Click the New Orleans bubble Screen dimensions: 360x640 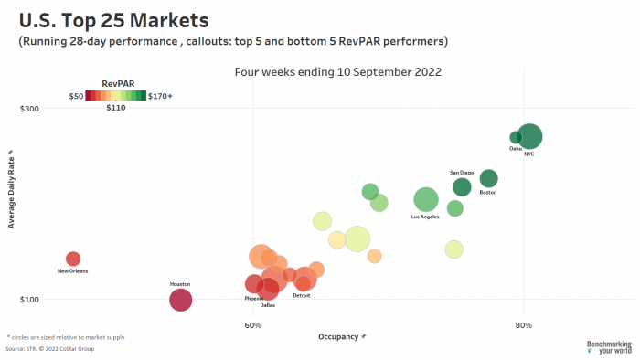73,259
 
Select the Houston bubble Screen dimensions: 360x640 180,300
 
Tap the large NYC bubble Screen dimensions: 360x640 530,137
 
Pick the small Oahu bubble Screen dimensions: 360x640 516,137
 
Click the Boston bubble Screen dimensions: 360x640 488,178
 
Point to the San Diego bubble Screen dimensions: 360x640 462,187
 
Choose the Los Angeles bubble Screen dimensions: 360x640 426,199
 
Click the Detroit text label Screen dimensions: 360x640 301,296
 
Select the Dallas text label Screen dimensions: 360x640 268,305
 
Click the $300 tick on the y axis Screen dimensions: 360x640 29,109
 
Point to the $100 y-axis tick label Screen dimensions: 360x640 29,300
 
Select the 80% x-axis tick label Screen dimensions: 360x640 523,324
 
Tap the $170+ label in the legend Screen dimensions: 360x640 160,95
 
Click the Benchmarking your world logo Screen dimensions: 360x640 608,347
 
